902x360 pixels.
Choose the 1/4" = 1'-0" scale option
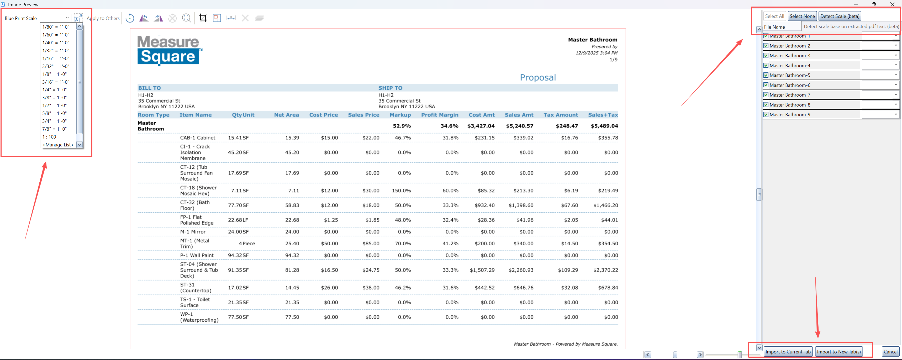click(54, 90)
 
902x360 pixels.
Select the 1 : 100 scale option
click(49, 137)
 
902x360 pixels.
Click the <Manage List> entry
click(58, 145)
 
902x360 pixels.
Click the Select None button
click(802, 16)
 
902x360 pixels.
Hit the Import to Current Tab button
click(788, 352)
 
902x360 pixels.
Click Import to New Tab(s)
click(839, 352)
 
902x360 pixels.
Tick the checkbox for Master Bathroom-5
click(766, 75)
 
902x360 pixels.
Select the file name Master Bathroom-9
click(790, 114)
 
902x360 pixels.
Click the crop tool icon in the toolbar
click(203, 18)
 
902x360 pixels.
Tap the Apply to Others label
click(103, 18)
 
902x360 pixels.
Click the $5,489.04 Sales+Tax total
click(604, 126)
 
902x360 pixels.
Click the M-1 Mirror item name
click(193, 232)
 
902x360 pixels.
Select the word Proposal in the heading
click(538, 77)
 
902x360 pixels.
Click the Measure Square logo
click(170, 50)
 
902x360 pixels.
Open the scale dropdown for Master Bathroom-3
click(896, 55)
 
